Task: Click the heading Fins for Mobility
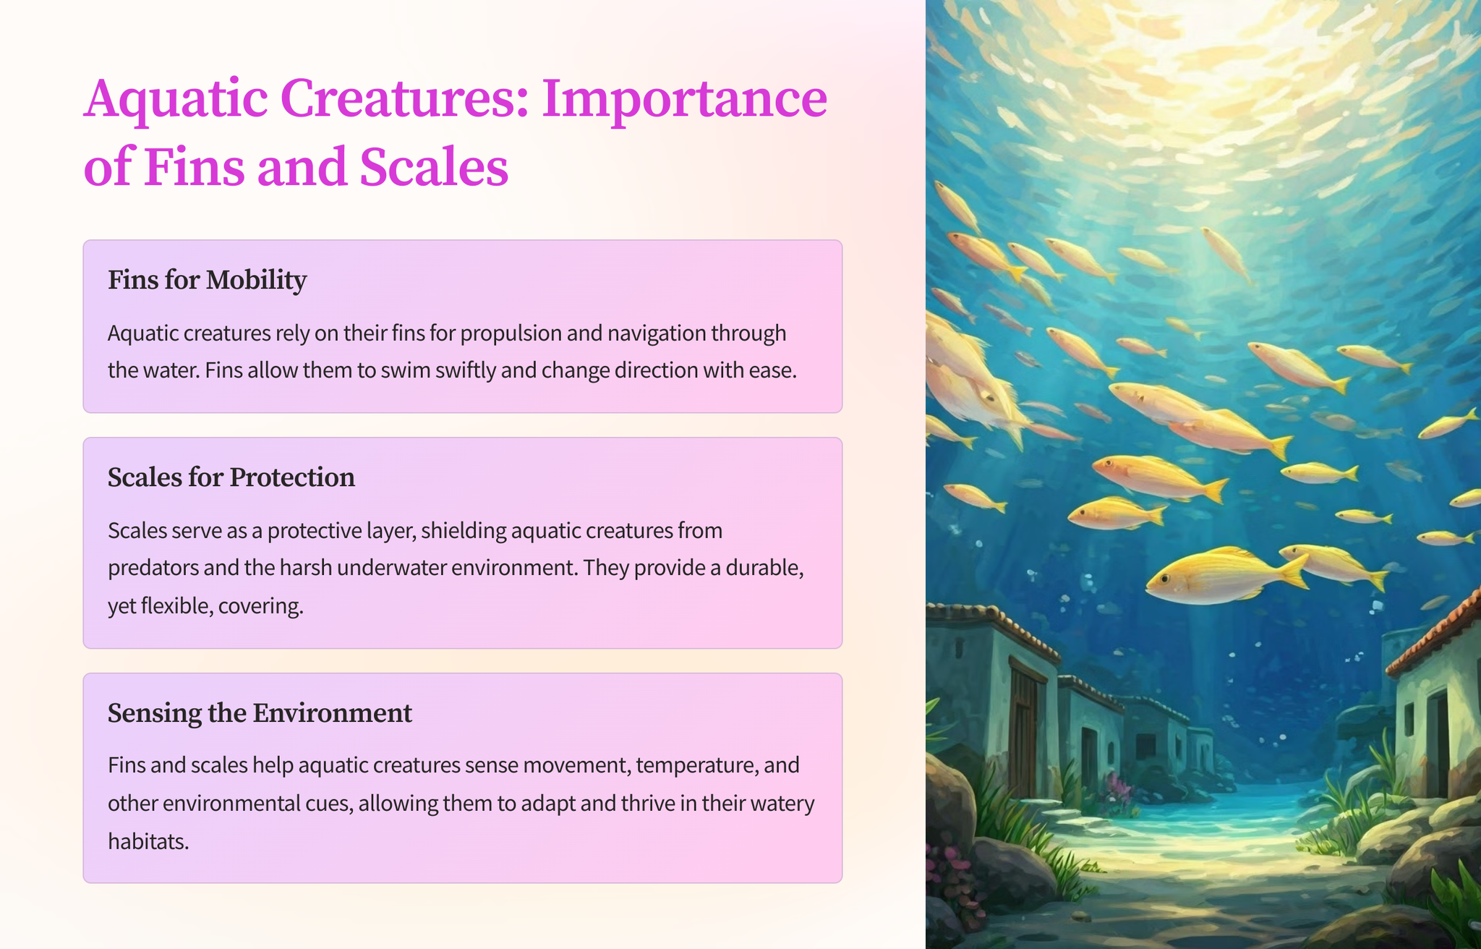[208, 280]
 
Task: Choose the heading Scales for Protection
[231, 477]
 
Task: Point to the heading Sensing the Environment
[260, 713]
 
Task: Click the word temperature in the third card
[697, 765]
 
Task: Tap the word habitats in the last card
[148, 841]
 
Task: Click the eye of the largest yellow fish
[1165, 579]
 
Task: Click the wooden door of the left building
[1024, 731]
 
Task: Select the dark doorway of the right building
[1435, 745]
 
